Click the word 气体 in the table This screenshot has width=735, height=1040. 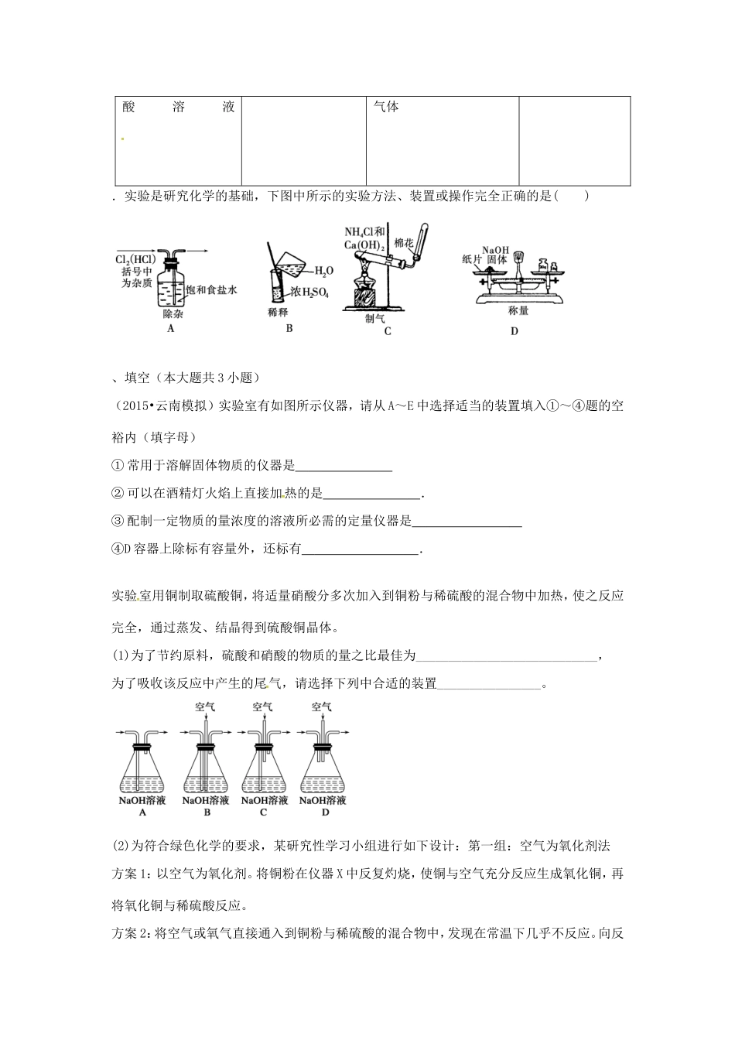[x=386, y=108]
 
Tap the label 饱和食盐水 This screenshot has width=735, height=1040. [x=211, y=289]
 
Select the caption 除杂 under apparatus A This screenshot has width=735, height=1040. [x=172, y=315]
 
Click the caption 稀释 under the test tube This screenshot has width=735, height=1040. [x=278, y=312]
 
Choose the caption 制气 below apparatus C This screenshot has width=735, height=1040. [x=375, y=318]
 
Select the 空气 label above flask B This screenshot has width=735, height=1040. [x=206, y=706]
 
